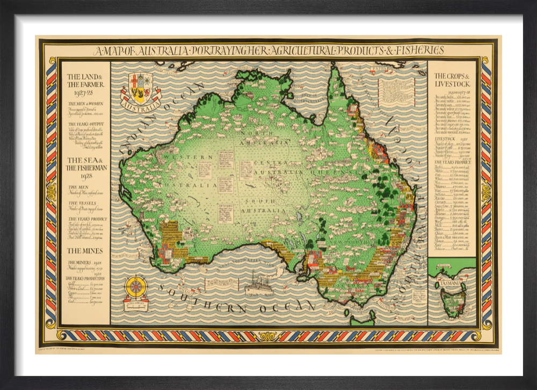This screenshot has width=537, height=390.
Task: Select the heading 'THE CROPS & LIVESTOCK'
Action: tap(452, 80)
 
